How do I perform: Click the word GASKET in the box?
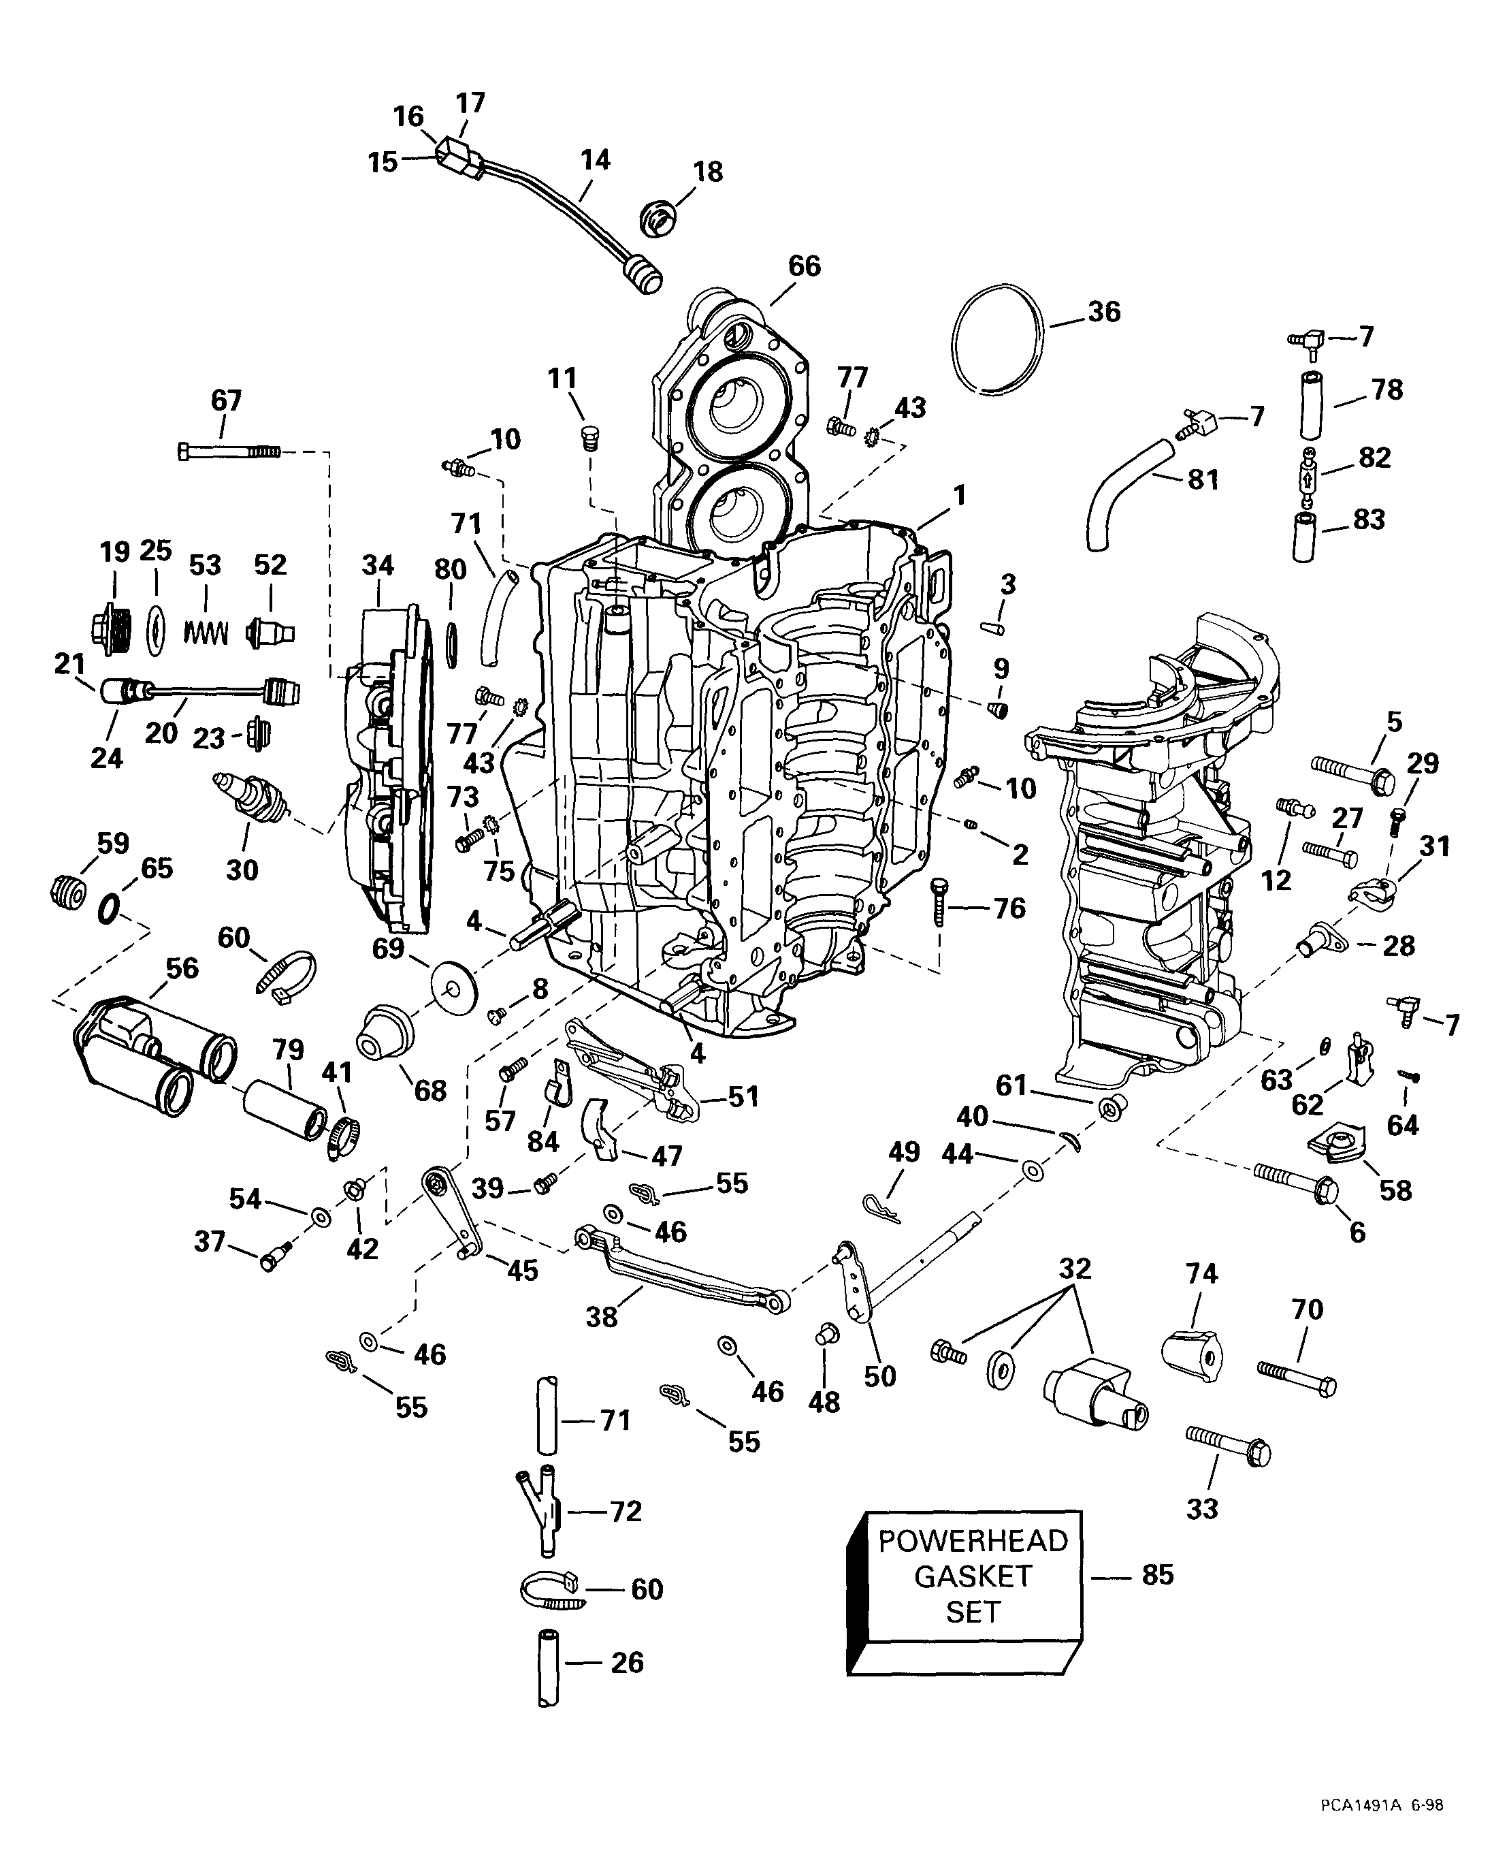click(x=973, y=1576)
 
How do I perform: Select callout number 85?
click(x=1158, y=1574)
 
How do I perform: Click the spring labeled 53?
click(x=205, y=632)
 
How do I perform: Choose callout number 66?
click(x=805, y=266)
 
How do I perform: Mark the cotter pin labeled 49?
click(x=881, y=1207)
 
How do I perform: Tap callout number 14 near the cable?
click(x=596, y=160)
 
